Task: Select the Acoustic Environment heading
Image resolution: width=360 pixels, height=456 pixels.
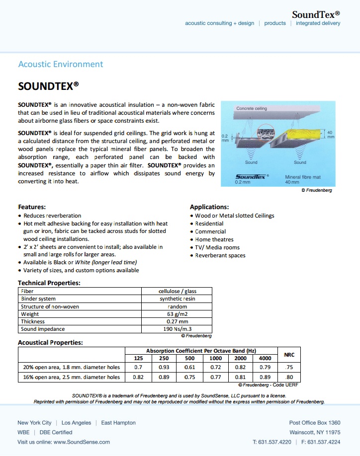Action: click(60, 64)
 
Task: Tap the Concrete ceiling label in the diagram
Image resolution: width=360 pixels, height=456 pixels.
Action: click(251, 108)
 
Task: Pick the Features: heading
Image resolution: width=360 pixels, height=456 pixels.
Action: click(32, 207)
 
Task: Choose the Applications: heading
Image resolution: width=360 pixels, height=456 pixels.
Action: click(209, 207)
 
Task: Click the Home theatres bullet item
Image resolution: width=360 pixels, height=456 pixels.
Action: click(214, 239)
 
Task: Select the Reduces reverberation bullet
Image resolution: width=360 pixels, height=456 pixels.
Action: click(52, 216)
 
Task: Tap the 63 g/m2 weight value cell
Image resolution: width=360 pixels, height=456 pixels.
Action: click(177, 314)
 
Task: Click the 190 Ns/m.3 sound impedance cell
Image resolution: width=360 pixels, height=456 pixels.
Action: click(177, 329)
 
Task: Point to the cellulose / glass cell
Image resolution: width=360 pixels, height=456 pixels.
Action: click(177, 292)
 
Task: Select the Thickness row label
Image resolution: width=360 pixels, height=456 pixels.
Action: click(33, 321)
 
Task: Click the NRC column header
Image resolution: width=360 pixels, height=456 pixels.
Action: click(289, 355)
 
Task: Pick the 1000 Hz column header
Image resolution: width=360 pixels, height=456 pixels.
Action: click(215, 359)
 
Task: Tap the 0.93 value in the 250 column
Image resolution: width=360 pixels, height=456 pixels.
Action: click(164, 368)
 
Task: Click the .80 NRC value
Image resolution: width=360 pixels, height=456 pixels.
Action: click(289, 377)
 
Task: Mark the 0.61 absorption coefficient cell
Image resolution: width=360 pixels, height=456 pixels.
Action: click(189, 368)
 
